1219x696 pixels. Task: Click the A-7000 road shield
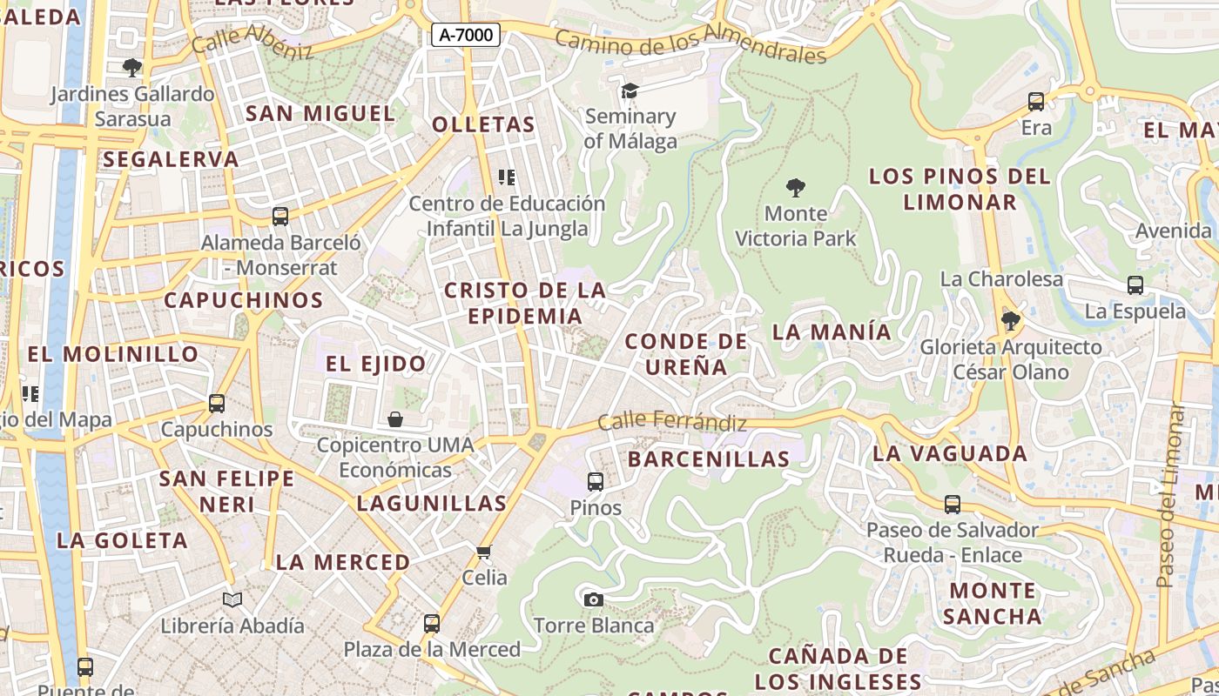tap(466, 36)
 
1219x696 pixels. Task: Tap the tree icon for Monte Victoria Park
tap(795, 187)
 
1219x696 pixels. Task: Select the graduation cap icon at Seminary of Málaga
tap(630, 90)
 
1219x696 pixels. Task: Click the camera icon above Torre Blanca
tap(594, 599)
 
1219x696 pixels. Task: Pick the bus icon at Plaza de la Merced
tap(432, 623)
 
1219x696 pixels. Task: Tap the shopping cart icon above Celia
tap(484, 552)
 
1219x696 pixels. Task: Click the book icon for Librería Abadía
tap(232, 599)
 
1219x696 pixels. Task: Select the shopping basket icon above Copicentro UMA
tap(395, 420)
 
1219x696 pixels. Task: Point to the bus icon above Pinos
tap(596, 481)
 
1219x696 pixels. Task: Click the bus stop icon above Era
tap(1036, 102)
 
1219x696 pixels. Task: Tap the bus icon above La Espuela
tap(1135, 284)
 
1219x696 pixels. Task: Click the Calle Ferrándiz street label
tap(672, 423)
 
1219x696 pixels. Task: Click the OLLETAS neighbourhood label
tap(484, 124)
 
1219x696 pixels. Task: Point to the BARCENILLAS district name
tap(708, 458)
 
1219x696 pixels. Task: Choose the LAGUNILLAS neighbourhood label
tap(432, 503)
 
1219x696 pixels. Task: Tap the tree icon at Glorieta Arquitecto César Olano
tap(1011, 321)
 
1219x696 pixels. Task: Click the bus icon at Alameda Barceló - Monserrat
tap(280, 216)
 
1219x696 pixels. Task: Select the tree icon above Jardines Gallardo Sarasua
tap(132, 67)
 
